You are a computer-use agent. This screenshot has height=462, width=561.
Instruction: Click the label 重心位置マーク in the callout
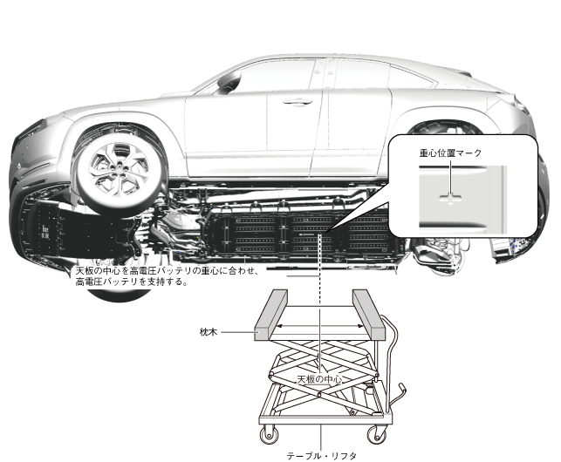449,152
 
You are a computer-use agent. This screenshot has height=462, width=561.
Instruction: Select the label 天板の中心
318,380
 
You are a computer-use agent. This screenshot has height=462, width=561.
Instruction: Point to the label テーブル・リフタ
322,454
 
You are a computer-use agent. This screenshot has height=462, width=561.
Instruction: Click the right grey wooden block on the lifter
367,315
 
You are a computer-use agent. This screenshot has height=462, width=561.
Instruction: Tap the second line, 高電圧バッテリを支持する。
132,282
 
